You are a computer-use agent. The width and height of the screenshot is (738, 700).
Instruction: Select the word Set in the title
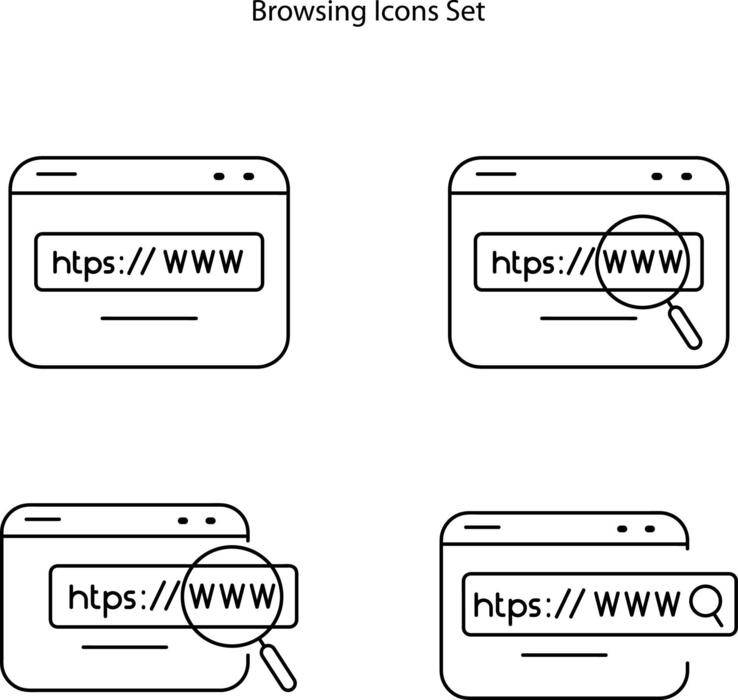pos(465,13)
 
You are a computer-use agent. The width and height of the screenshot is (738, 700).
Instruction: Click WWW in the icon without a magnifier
pos(203,262)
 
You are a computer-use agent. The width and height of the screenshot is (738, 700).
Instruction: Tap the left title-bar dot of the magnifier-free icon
pos(220,177)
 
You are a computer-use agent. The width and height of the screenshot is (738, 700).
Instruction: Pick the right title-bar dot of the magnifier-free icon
pos(247,177)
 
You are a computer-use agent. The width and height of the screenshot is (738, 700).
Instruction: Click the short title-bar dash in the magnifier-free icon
pos(57,175)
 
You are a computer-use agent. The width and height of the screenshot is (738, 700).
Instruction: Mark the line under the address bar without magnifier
pos(150,319)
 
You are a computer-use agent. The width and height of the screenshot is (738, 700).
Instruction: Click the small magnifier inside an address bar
pos(707,605)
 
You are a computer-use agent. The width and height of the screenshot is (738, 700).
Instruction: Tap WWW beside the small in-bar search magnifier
pos(637,604)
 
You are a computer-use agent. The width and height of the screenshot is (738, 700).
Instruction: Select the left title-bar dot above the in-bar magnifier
pos(622,529)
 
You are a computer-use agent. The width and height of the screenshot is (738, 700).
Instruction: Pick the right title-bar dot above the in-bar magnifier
pos(649,529)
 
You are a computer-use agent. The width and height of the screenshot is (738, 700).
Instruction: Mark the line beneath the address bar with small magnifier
pos(565,655)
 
